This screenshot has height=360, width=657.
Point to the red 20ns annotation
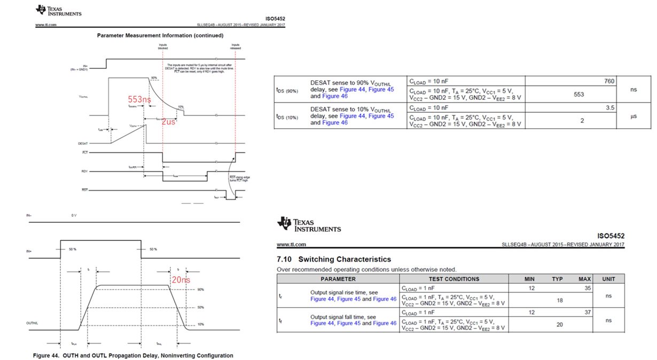click(181, 279)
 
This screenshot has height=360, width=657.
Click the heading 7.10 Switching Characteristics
click(333, 259)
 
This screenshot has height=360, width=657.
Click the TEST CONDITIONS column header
click(454, 279)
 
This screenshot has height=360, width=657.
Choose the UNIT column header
click(608, 279)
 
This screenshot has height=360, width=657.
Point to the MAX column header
click(584, 279)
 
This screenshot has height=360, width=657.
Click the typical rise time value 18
click(559, 301)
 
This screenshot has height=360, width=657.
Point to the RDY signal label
click(85, 171)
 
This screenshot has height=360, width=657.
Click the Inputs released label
click(236, 46)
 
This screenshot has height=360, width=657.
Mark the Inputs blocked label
click(163, 46)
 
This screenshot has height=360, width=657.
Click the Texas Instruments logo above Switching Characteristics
click(309, 225)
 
